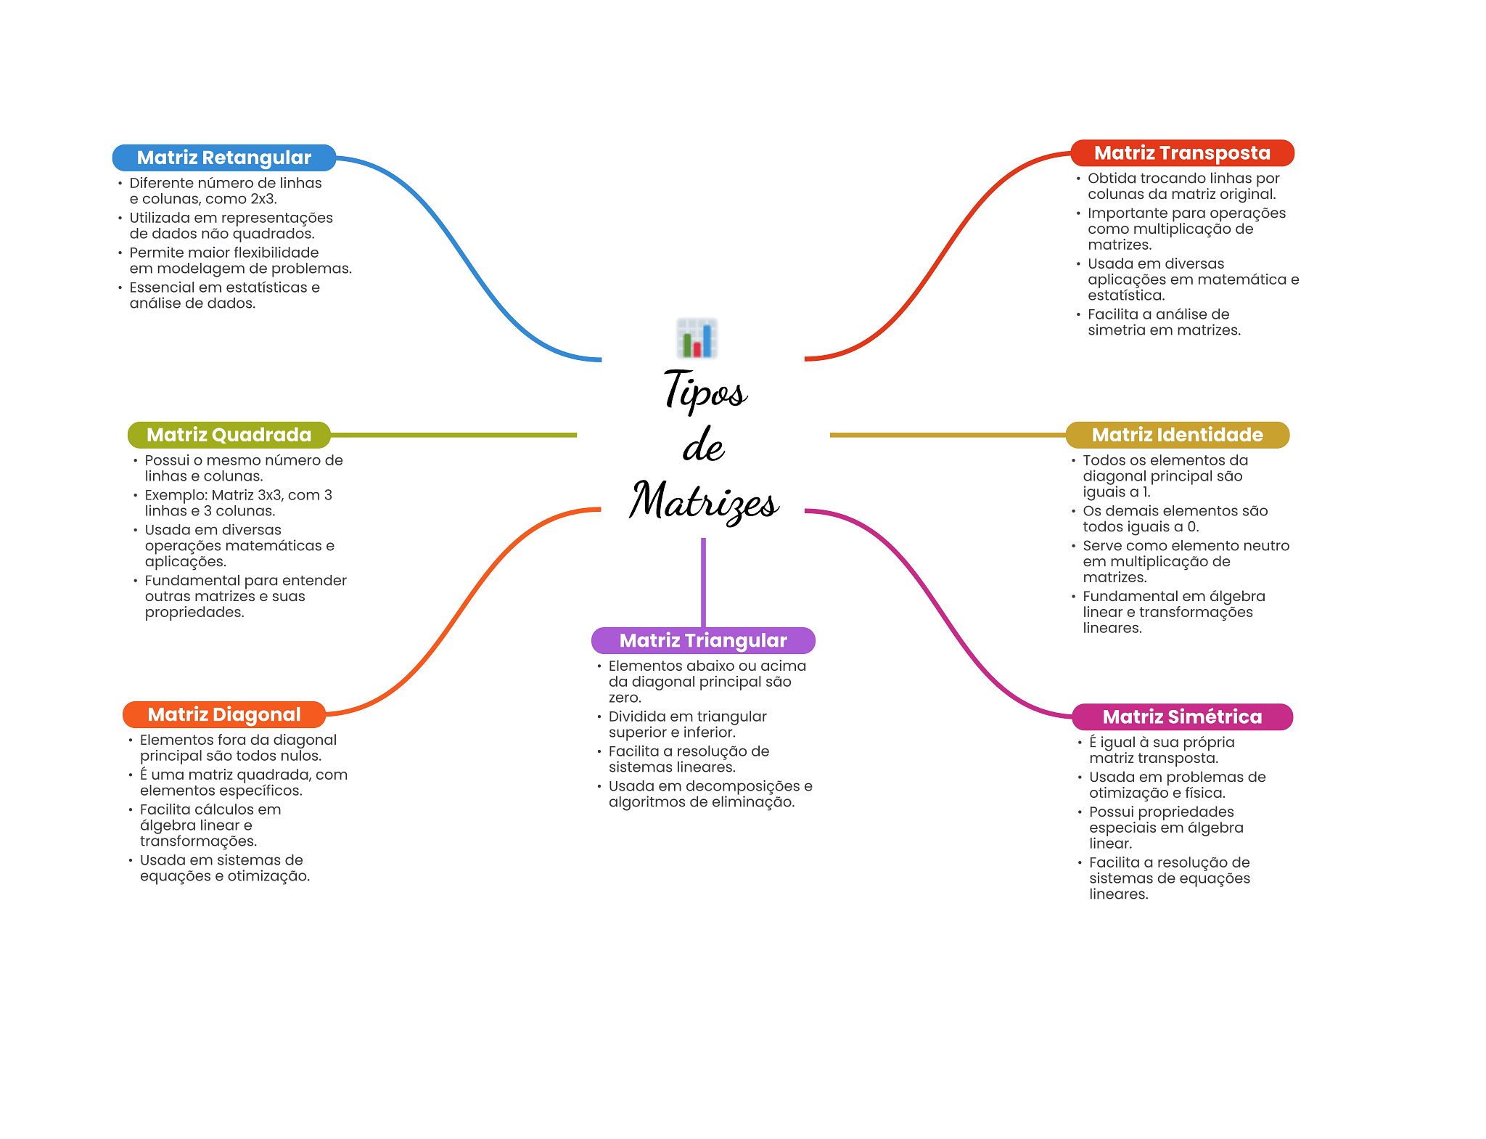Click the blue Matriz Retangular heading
coord(223,158)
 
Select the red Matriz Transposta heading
coord(1182,153)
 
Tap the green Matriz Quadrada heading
coord(229,435)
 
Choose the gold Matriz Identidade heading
coord(1177,435)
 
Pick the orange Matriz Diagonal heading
coord(223,714)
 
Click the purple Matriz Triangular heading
coord(703,640)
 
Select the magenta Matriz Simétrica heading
coord(1182,717)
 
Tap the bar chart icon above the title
coord(697,338)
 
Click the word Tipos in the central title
coord(705,391)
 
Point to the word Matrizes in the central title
coord(704,501)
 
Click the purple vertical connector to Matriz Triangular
coord(703,581)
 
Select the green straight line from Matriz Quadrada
coord(453,435)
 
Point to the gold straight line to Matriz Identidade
coord(947,435)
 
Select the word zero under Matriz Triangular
coord(624,698)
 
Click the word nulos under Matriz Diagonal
coord(300,756)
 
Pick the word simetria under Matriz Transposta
coord(1117,330)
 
